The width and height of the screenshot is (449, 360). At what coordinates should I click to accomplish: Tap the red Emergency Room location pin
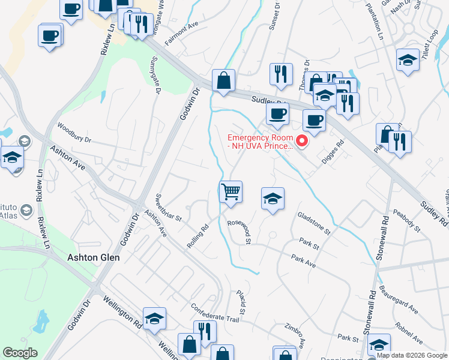coord(303,142)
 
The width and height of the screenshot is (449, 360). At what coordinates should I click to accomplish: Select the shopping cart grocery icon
coord(231,193)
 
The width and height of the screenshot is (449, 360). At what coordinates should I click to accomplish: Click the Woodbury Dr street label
coord(74,133)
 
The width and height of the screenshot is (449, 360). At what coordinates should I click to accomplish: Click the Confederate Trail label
coord(215,315)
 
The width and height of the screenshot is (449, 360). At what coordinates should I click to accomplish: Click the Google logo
coord(20,353)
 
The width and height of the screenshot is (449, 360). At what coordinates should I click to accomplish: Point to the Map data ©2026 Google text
coord(412,355)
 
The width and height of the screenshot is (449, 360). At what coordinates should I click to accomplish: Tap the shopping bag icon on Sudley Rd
coord(223,80)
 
